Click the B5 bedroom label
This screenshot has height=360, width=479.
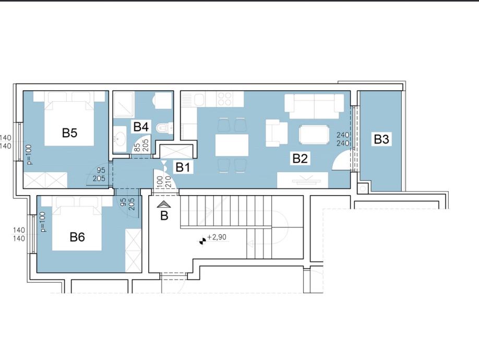point(69,133)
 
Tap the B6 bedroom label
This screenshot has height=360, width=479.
point(77,237)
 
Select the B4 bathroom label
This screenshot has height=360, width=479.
point(141,126)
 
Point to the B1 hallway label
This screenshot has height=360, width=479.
point(183,167)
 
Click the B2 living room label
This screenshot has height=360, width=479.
point(300,159)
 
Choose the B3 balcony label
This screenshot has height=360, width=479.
point(381,139)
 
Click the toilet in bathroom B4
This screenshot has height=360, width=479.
point(164,128)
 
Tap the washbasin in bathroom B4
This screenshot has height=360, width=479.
point(119,139)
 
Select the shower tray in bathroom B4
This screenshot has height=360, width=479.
point(124,104)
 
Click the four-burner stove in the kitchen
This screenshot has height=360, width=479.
point(225,99)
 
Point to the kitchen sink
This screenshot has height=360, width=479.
point(199,99)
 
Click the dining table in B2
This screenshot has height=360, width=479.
point(232,145)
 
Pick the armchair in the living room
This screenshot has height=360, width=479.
point(277,133)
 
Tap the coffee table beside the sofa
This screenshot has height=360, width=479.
point(314,135)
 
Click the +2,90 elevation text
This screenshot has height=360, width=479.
point(217,237)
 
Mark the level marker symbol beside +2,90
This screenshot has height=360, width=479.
point(202,242)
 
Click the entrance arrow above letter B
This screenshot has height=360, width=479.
point(164,205)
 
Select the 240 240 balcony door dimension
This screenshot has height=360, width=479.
point(343,139)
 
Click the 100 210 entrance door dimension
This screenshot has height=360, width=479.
point(163,182)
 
